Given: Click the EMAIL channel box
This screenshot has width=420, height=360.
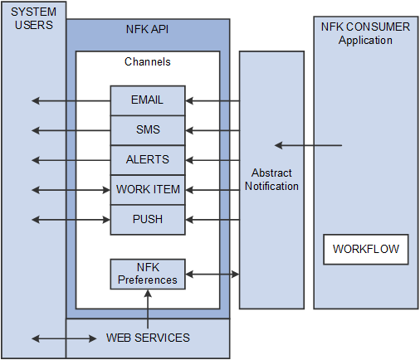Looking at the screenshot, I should (x=148, y=100).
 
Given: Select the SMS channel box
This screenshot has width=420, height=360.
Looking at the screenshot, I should (x=148, y=130).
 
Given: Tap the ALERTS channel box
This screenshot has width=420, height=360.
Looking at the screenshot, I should (x=148, y=160).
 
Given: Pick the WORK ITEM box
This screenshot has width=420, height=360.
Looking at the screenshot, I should (x=148, y=190).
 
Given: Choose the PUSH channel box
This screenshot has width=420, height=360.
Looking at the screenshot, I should (x=148, y=220).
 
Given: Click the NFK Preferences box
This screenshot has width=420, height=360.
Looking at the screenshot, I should (x=148, y=274).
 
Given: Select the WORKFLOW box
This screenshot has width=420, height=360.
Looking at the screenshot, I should (x=366, y=249).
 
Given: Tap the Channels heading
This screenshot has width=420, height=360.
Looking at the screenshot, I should (x=148, y=62).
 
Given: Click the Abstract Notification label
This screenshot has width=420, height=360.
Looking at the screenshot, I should (x=271, y=179).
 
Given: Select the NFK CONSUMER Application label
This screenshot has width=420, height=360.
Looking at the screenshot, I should (x=365, y=33).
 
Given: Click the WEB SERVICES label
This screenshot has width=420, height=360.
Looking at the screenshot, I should (x=148, y=338).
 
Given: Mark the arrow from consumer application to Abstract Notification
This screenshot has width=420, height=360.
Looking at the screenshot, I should (x=308, y=146).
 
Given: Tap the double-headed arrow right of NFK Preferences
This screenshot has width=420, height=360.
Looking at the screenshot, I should (x=212, y=274).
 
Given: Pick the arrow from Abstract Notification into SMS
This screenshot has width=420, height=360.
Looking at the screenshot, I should (x=212, y=130).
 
